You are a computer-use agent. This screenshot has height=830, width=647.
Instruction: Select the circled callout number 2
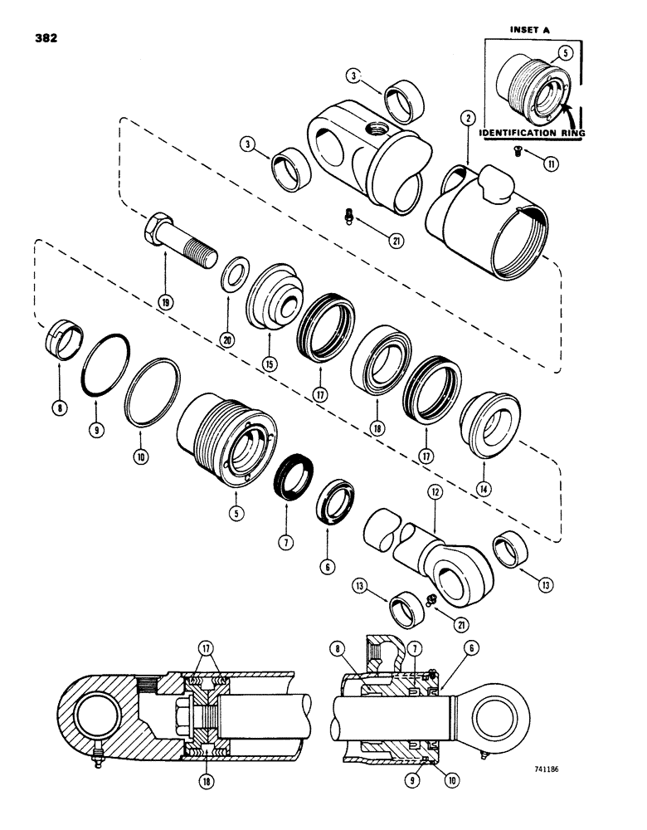tap(469, 119)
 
